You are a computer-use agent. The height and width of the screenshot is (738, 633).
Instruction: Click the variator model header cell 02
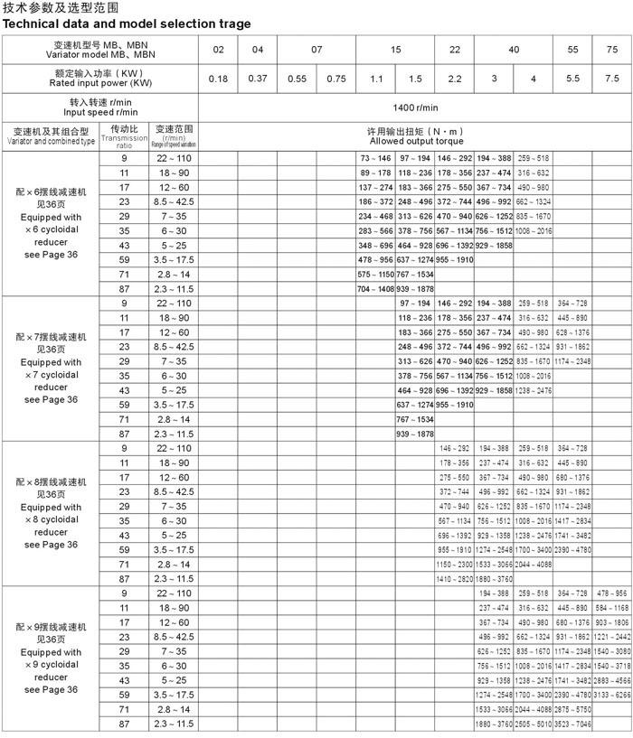(x=218, y=50)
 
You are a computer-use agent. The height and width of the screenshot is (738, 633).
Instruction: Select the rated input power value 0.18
(x=218, y=79)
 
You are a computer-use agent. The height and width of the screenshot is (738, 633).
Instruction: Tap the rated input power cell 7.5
(x=612, y=79)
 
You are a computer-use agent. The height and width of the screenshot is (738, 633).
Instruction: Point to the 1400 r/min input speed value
(x=415, y=107)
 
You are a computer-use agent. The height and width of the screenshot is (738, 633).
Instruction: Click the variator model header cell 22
(x=454, y=50)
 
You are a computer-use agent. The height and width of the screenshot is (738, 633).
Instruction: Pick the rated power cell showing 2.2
(x=454, y=79)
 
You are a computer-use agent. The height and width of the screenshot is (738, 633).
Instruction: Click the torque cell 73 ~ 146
(x=375, y=158)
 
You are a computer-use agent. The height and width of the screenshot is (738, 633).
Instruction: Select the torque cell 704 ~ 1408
(x=375, y=288)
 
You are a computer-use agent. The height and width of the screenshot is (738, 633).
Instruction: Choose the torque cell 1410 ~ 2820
(x=454, y=578)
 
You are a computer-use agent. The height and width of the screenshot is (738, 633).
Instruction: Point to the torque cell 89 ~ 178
(x=375, y=173)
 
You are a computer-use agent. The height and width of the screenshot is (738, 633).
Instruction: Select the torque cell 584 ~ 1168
(x=612, y=607)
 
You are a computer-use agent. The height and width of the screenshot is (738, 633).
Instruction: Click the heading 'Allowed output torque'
(x=415, y=142)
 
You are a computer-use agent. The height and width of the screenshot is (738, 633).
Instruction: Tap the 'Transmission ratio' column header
(x=124, y=136)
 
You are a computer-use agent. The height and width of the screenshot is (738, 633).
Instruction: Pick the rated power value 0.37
(x=257, y=79)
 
